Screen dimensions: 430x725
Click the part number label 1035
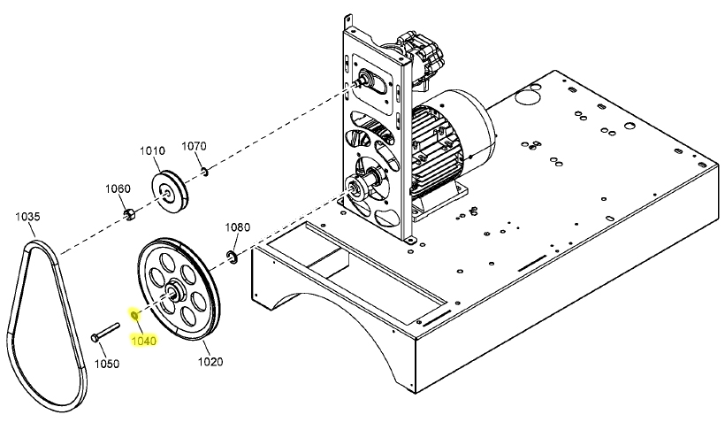pyautogui.click(x=27, y=216)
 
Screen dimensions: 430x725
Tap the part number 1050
pyautogui.click(x=106, y=364)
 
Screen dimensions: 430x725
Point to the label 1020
pyautogui.click(x=210, y=361)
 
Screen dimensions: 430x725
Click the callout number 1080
pyautogui.click(x=237, y=227)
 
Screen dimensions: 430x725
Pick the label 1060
pyautogui.click(x=118, y=188)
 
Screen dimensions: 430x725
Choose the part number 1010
pyautogui.click(x=153, y=150)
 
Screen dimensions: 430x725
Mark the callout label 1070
pyautogui.click(x=194, y=146)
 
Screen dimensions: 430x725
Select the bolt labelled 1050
pyautogui.click(x=105, y=333)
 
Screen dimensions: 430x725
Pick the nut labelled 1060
pyautogui.click(x=127, y=212)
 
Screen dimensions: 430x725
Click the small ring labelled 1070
pyautogui.click(x=202, y=171)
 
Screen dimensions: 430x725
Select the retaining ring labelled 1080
pyautogui.click(x=232, y=257)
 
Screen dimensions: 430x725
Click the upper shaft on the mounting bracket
pyautogui.click(x=362, y=82)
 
